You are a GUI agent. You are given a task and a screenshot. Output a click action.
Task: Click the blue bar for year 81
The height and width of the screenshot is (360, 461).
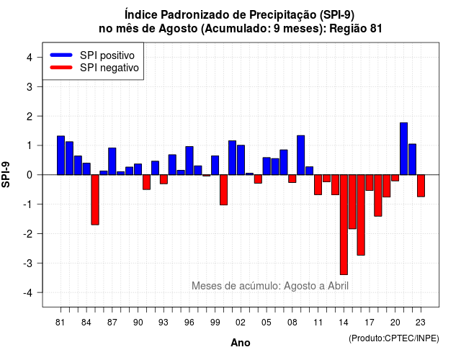click(61, 156)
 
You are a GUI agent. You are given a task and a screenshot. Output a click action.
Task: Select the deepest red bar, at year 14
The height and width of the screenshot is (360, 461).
click(344, 225)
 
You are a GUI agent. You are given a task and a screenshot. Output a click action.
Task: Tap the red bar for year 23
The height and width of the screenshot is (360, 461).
click(421, 186)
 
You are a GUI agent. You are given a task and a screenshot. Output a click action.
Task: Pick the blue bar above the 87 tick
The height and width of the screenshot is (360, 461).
click(112, 161)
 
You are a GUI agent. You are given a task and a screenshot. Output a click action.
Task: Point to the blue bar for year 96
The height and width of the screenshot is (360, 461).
click(189, 161)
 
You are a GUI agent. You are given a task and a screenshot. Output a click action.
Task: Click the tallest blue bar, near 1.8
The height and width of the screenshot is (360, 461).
click(403, 149)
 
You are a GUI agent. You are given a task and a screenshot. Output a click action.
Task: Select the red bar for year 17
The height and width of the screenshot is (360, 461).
click(370, 182)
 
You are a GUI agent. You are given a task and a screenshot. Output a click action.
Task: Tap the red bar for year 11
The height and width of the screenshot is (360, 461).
click(318, 185)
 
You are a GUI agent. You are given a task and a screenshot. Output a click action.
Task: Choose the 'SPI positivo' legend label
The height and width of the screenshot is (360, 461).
click(107, 55)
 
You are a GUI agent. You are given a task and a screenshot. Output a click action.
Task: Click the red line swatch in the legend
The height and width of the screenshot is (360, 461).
click(61, 68)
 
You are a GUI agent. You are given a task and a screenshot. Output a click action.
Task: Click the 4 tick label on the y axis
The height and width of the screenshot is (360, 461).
click(30, 58)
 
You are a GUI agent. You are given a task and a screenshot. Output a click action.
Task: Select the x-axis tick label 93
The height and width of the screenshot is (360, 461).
click(164, 323)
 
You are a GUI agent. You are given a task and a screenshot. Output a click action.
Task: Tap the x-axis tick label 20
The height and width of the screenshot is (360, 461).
click(395, 323)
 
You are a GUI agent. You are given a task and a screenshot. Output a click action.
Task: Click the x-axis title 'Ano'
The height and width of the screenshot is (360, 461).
click(241, 343)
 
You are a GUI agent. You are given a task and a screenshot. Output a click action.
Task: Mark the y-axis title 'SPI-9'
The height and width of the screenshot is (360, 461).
click(6, 174)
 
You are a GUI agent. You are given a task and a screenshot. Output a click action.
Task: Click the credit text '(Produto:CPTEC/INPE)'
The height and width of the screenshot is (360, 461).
click(394, 338)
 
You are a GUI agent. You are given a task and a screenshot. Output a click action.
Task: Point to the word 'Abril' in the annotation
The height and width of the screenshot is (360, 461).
click(338, 286)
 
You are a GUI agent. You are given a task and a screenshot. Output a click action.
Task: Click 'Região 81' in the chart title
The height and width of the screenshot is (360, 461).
click(356, 29)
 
